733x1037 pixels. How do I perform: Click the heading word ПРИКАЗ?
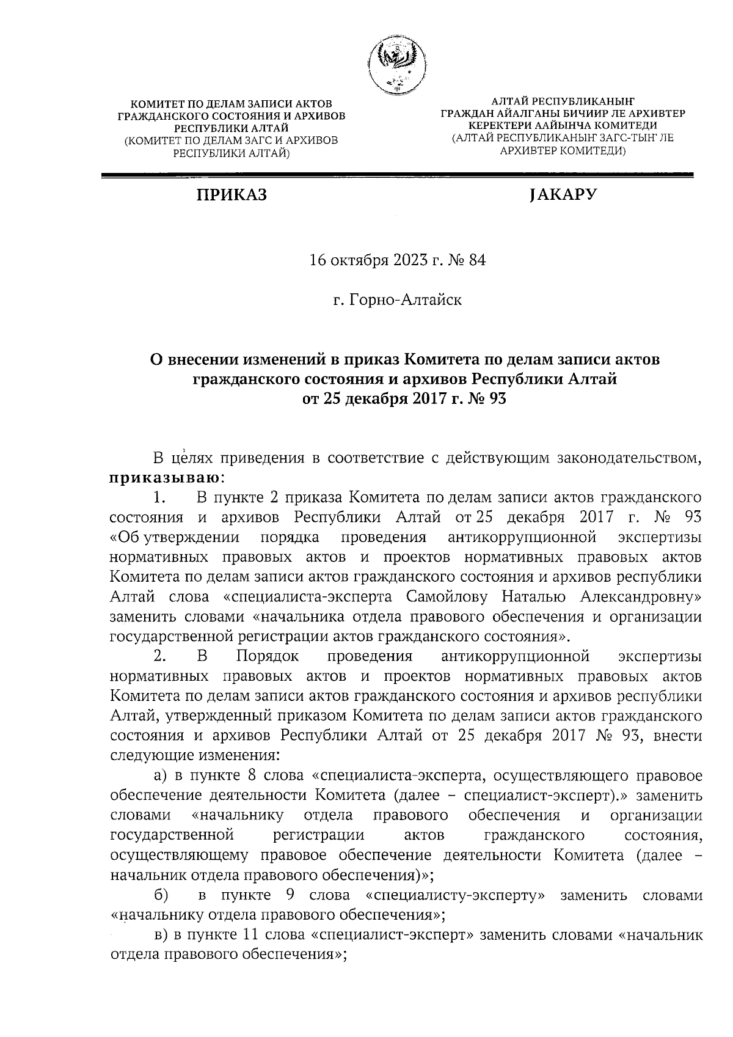coord(232,196)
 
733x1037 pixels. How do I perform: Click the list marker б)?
coord(161,895)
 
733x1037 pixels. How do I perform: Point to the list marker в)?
coord(160,935)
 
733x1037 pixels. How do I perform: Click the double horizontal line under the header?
coord(396,176)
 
